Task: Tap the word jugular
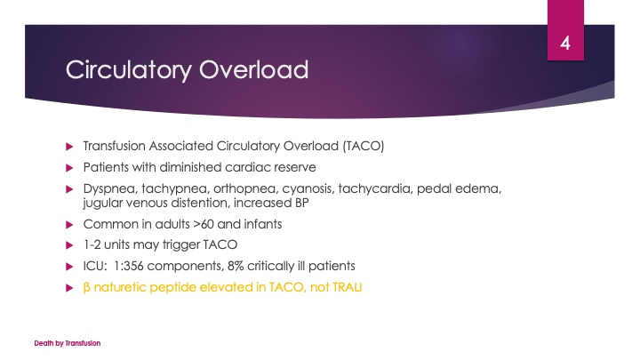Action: (104, 203)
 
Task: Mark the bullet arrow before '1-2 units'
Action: (69, 245)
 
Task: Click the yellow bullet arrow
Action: (69, 287)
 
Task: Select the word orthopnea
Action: (244, 188)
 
